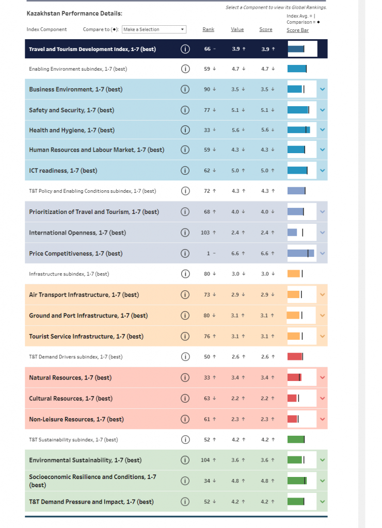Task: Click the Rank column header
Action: pos(208,29)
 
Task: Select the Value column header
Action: pos(237,29)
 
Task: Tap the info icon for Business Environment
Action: pos(185,89)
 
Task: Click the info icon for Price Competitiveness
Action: pos(185,253)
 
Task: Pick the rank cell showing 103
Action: pos(205,233)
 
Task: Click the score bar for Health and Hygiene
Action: pos(298,130)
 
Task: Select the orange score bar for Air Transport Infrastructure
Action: pos(293,294)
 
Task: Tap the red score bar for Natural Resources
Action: pos(294,377)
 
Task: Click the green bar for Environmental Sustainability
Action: pos(295,460)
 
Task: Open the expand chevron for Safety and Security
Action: pos(322,110)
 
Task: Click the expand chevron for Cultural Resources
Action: pos(322,398)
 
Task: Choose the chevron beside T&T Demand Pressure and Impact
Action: pos(322,501)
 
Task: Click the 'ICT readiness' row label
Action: pos(63,171)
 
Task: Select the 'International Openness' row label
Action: pos(77,233)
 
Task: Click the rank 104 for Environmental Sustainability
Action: pos(205,460)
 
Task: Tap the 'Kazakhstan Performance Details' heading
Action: pos(74,13)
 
